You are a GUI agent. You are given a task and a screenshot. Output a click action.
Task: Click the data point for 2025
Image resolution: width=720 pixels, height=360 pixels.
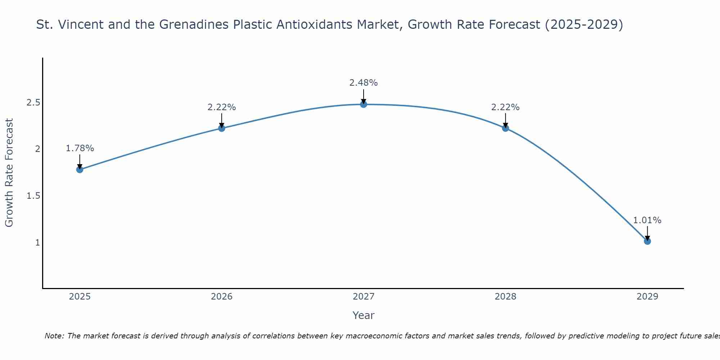point(80,170)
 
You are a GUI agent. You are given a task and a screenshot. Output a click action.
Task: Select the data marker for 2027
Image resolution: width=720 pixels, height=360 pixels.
point(364,104)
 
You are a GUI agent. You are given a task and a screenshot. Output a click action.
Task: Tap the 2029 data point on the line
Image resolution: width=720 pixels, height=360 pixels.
point(647,241)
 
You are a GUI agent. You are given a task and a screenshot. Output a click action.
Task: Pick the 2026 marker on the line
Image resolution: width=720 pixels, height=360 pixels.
point(222,128)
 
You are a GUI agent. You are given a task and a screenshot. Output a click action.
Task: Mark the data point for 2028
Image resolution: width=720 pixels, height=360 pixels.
point(505,128)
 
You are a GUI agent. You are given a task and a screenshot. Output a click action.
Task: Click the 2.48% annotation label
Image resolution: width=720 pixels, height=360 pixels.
point(364,83)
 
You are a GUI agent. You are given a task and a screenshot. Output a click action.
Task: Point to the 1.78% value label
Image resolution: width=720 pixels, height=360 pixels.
point(80,148)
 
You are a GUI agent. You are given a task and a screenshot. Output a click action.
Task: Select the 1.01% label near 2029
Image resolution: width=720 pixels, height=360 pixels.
point(647,220)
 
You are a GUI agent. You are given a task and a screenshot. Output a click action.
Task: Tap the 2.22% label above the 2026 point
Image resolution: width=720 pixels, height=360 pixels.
point(222,107)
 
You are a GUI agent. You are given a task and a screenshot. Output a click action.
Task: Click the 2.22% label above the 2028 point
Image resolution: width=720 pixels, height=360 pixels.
point(505,107)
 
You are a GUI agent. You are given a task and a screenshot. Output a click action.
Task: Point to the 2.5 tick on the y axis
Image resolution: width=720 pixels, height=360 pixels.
point(33,103)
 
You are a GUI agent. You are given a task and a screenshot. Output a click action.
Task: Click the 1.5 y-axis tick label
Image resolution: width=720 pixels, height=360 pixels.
point(33,196)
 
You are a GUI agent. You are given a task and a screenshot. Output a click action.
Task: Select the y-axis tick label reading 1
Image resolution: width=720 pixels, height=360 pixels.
point(37,243)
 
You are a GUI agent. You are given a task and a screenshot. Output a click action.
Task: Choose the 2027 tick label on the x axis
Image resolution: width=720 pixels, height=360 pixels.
point(364,297)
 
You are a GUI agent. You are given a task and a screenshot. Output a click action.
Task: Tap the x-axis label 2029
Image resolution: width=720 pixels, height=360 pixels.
point(647,297)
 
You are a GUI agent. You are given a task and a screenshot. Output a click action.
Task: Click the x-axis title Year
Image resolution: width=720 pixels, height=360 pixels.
point(364,315)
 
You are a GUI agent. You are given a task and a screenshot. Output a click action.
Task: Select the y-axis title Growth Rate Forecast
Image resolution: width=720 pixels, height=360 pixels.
point(9,173)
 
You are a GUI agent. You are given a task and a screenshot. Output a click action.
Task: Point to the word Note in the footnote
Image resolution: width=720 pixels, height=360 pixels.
point(54,336)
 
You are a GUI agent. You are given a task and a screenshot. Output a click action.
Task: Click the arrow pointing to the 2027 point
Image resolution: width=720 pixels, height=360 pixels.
point(364,96)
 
